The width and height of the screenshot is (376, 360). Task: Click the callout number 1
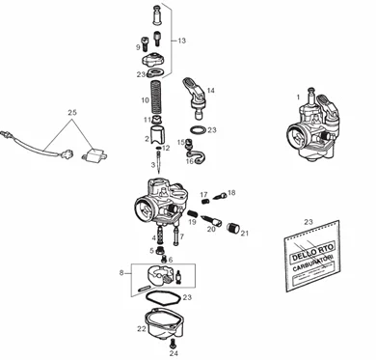tap(298, 97)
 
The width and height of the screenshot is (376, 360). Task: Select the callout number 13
tap(181, 42)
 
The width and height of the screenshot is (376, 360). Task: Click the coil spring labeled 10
tap(158, 98)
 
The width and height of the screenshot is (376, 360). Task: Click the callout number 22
tap(141, 328)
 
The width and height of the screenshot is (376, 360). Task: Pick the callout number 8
tap(121, 274)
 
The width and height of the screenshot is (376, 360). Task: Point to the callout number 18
tap(230, 194)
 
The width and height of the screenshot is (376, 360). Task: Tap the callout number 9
tap(137, 45)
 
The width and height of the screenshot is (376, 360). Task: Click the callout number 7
tap(180, 235)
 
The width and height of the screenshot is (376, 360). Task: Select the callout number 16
tap(189, 161)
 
